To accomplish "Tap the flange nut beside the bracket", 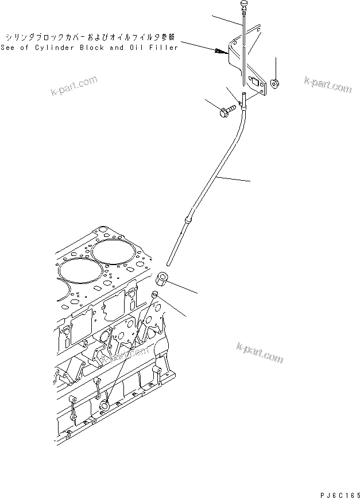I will click(x=274, y=84).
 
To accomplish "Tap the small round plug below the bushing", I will click(x=154, y=295).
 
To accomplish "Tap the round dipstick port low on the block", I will click(x=105, y=406).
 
